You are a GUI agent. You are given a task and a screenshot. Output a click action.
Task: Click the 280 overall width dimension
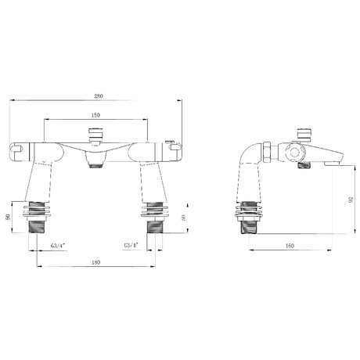pos(99,96)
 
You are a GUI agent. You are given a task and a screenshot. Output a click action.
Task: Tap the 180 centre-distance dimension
pos(95,262)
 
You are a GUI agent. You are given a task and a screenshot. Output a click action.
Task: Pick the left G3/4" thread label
pos(57,245)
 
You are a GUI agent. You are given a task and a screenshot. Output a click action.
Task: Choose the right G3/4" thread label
pos(131,245)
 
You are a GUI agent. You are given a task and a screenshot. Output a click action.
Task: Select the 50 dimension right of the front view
pos(183,217)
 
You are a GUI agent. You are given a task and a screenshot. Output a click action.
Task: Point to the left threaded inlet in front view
pos(38,227)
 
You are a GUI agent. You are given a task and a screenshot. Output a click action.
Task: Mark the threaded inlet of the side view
pos(249,227)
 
